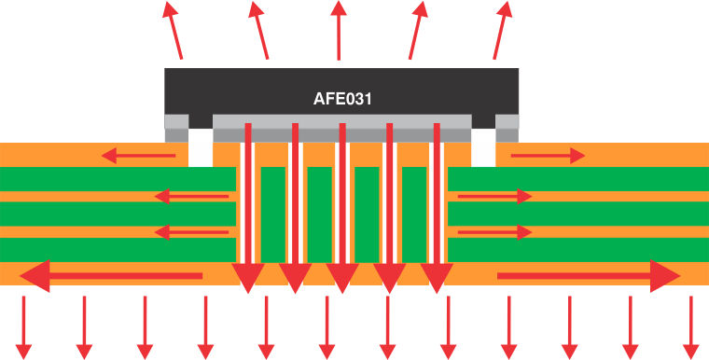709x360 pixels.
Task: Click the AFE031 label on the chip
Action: click(341, 98)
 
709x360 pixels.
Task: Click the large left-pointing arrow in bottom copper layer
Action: click(111, 275)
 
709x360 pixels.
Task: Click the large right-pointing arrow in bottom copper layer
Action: click(589, 275)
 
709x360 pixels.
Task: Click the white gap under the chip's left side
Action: click(201, 148)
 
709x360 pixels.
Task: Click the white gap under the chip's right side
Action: click(482, 148)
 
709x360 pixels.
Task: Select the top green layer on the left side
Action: click(117, 179)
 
